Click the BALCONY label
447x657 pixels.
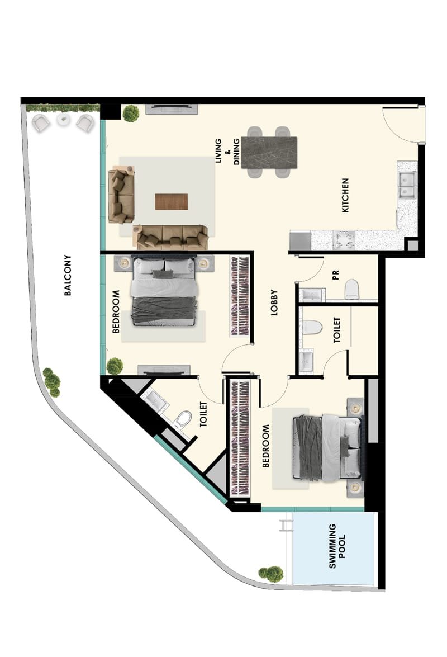(x=68, y=275)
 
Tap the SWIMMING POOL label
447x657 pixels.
(x=337, y=546)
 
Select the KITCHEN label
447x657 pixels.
(x=345, y=195)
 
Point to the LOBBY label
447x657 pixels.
(x=274, y=302)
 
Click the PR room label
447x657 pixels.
(x=335, y=275)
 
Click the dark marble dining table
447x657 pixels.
(x=269, y=153)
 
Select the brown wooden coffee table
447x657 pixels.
(x=171, y=201)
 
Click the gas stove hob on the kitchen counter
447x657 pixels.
(x=344, y=240)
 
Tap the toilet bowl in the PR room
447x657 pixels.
(x=352, y=290)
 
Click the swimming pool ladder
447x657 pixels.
(x=287, y=524)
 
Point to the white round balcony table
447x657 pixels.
(x=64, y=120)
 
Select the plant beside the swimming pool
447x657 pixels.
(x=271, y=574)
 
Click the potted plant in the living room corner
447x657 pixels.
(x=131, y=113)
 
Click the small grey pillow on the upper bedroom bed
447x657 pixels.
(x=163, y=274)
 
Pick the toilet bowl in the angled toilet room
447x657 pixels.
(x=183, y=419)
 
